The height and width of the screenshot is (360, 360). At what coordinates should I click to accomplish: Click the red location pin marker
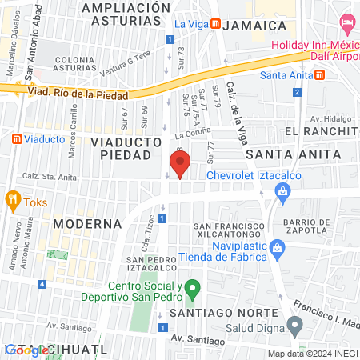(180, 166)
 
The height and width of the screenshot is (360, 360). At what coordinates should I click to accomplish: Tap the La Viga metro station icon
(214, 25)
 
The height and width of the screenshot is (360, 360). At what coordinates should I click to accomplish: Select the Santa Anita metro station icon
(319, 75)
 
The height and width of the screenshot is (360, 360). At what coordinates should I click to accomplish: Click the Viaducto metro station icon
(17, 138)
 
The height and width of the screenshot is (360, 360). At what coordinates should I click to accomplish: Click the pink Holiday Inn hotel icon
(346, 21)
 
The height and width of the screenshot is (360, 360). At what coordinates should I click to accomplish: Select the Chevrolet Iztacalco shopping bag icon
(281, 190)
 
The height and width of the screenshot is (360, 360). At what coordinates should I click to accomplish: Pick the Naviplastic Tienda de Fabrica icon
(277, 246)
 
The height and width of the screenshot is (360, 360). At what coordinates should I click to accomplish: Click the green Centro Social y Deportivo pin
(191, 286)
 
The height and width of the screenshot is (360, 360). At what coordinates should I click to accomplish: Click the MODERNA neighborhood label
(86, 223)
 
